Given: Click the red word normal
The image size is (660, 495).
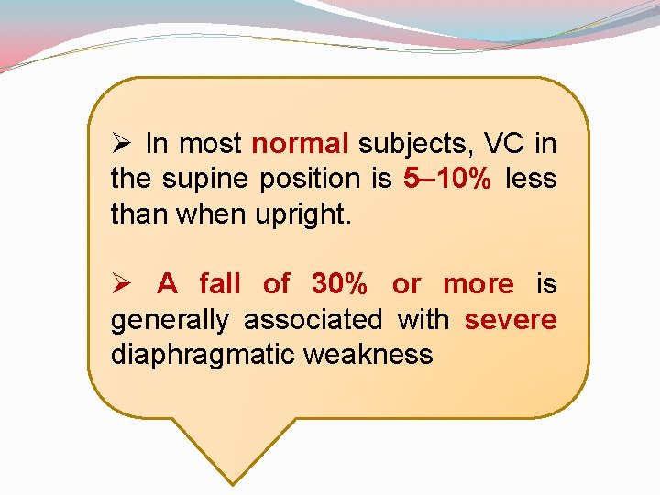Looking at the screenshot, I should [300, 144].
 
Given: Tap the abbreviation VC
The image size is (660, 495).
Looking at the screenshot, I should [504, 144].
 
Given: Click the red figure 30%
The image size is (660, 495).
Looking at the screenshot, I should [339, 284].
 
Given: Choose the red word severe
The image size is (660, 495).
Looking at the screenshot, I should [511, 320].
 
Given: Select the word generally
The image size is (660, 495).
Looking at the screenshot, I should [170, 320].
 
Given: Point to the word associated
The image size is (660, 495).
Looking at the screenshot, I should [313, 320].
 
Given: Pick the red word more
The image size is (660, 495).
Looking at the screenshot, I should [478, 284].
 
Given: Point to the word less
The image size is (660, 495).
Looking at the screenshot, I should [531, 179].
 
